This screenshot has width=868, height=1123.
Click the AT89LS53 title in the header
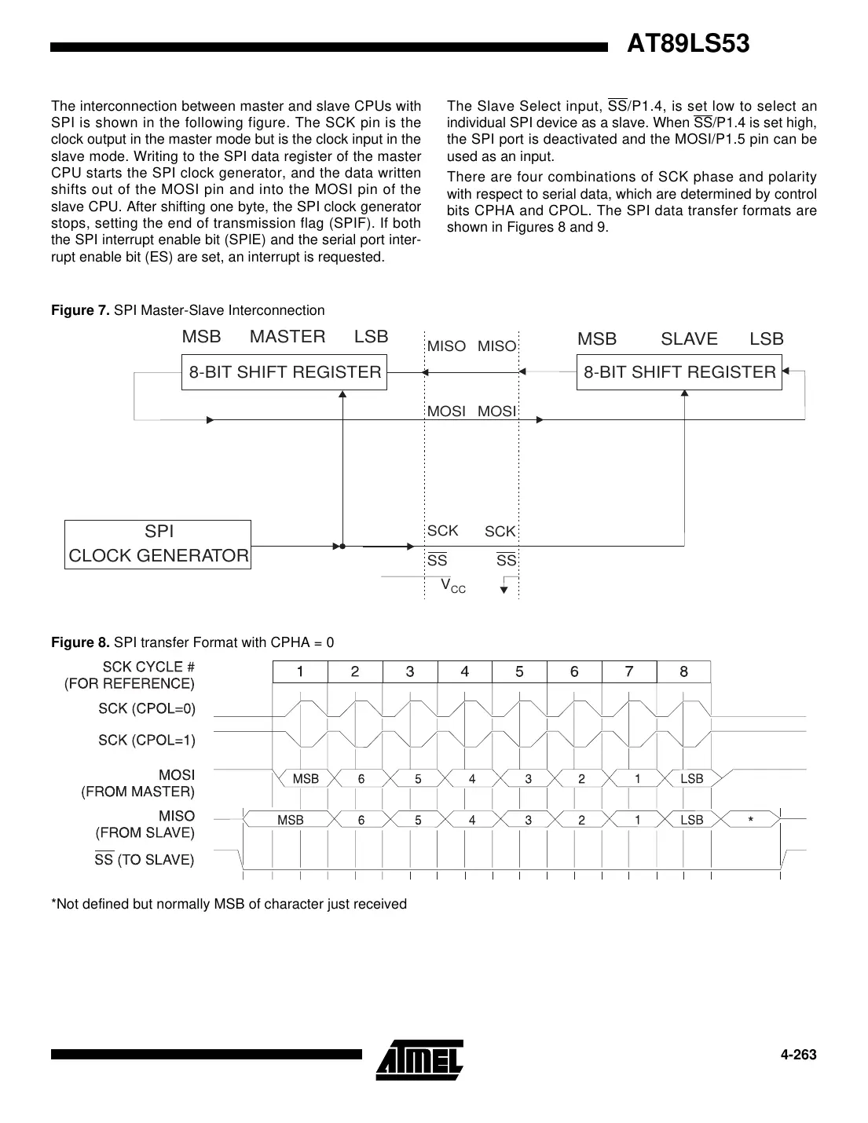(687, 44)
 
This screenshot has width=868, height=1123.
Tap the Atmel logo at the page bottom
(419, 1059)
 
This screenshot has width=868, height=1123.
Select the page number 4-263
(798, 1055)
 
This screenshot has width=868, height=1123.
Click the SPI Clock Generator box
(158, 544)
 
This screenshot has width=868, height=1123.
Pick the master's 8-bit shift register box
(284, 372)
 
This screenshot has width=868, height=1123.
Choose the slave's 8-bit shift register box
(679, 372)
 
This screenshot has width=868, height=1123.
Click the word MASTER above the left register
(288, 337)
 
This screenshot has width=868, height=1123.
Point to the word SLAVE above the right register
(689, 338)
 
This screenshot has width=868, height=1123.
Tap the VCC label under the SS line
(452, 586)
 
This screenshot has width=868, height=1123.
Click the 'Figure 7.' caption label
(80, 310)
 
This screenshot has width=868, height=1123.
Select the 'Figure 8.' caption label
(80, 642)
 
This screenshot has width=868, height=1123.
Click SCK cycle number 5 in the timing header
(519, 671)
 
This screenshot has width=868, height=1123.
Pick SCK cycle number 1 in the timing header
(300, 671)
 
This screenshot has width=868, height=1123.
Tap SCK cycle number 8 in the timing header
(683, 671)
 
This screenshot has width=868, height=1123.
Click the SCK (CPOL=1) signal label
(147, 740)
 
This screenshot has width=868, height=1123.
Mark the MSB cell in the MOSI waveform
(306, 779)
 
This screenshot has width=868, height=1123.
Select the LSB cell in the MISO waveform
(691, 820)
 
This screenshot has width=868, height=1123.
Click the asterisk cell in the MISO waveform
(751, 820)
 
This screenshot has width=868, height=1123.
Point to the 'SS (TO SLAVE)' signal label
(145, 860)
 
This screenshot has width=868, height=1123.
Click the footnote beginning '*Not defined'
(229, 904)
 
